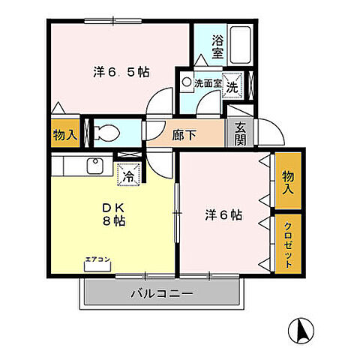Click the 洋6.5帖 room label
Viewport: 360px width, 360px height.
coord(121,72)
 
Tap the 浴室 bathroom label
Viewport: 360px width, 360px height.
coord(217,47)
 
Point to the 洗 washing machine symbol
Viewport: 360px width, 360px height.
coord(232,85)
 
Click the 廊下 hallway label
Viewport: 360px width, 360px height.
coord(182,136)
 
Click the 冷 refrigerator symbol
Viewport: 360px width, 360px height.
coord(128,176)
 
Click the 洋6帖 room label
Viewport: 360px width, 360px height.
coord(223,215)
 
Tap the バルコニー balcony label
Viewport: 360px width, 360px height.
coord(163,293)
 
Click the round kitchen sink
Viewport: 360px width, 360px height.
coord(95,165)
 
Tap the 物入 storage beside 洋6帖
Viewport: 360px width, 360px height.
coord(288,181)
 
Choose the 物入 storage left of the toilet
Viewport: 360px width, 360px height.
coord(64,135)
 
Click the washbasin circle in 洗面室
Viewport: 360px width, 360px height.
coord(187,79)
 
